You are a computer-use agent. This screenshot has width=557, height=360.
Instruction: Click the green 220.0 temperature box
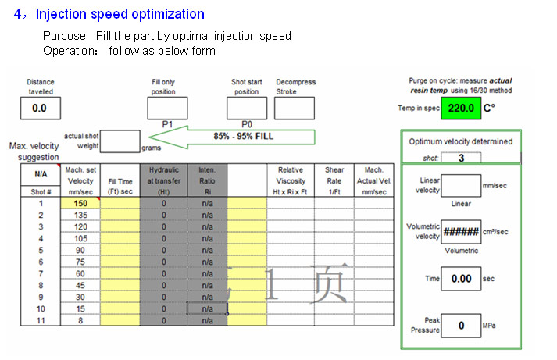tap(461, 108)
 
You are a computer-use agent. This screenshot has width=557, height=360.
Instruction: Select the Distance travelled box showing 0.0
tap(41, 108)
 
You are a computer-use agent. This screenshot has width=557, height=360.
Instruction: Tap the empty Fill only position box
tap(167, 108)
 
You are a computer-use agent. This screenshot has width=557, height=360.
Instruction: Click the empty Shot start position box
tap(247, 108)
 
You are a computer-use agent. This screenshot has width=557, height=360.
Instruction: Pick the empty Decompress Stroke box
tap(295, 108)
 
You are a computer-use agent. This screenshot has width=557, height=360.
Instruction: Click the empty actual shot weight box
tap(120, 141)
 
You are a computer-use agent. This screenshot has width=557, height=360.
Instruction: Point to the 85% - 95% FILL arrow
tap(232, 137)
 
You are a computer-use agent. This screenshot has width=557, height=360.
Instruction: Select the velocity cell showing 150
tap(80, 203)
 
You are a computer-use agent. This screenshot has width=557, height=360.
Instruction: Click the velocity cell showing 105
tap(80, 238)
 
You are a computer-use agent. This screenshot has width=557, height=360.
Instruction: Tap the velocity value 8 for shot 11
tap(80, 320)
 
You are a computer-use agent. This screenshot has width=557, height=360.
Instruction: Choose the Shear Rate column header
tap(334, 180)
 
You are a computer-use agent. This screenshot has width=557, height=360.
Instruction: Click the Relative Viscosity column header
tap(291, 180)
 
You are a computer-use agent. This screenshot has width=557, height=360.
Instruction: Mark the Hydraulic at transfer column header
tap(164, 180)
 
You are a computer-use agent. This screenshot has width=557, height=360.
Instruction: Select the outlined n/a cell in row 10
tap(207, 308)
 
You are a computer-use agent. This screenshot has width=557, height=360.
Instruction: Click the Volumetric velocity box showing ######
tap(461, 232)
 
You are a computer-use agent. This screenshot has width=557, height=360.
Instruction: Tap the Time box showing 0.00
tap(461, 279)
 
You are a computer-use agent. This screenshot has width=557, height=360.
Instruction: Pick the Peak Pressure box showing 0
tap(461, 325)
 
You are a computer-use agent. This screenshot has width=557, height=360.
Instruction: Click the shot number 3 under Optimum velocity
tap(461, 158)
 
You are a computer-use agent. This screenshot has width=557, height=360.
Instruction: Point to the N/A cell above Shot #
tap(41, 174)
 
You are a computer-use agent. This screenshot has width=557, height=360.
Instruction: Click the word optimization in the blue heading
tap(168, 14)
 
